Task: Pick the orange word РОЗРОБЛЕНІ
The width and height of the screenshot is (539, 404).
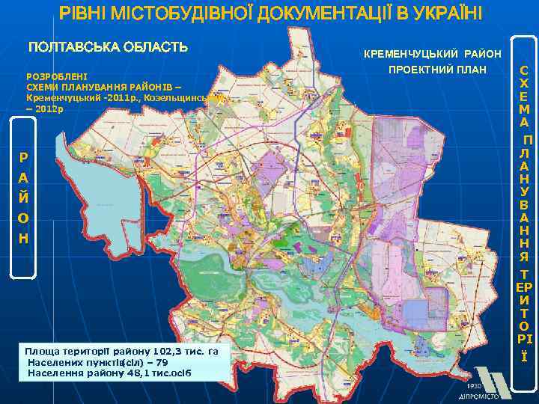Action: [57, 76]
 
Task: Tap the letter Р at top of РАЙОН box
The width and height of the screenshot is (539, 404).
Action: [24, 158]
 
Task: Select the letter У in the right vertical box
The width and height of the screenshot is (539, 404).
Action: [525, 190]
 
